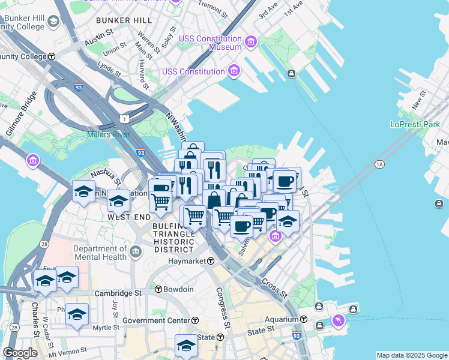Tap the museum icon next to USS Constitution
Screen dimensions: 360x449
pyautogui.click(x=234, y=71)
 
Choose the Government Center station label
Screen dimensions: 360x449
pyautogui.click(x=156, y=320)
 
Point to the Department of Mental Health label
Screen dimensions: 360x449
pyautogui.click(x=100, y=253)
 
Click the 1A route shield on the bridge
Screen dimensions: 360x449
pyautogui.click(x=379, y=164)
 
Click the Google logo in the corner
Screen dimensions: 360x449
pyautogui.click(x=20, y=353)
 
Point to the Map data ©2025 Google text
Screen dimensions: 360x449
pyautogui.click(x=411, y=355)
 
